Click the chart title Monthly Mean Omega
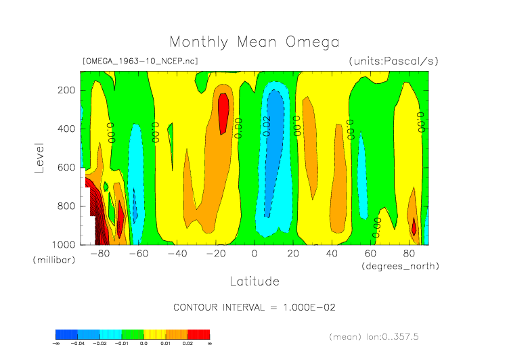tap(254, 42)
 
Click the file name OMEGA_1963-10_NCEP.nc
tap(140, 61)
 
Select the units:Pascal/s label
tap(393, 61)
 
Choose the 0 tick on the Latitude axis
tap(255, 254)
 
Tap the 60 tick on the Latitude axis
tap(370, 254)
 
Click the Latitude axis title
tap(254, 281)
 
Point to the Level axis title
tap(39, 157)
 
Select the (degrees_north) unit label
tap(400, 266)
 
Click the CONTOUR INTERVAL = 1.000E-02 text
tap(255, 307)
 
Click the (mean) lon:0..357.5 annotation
tap(383, 336)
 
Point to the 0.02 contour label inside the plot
tap(267, 126)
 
